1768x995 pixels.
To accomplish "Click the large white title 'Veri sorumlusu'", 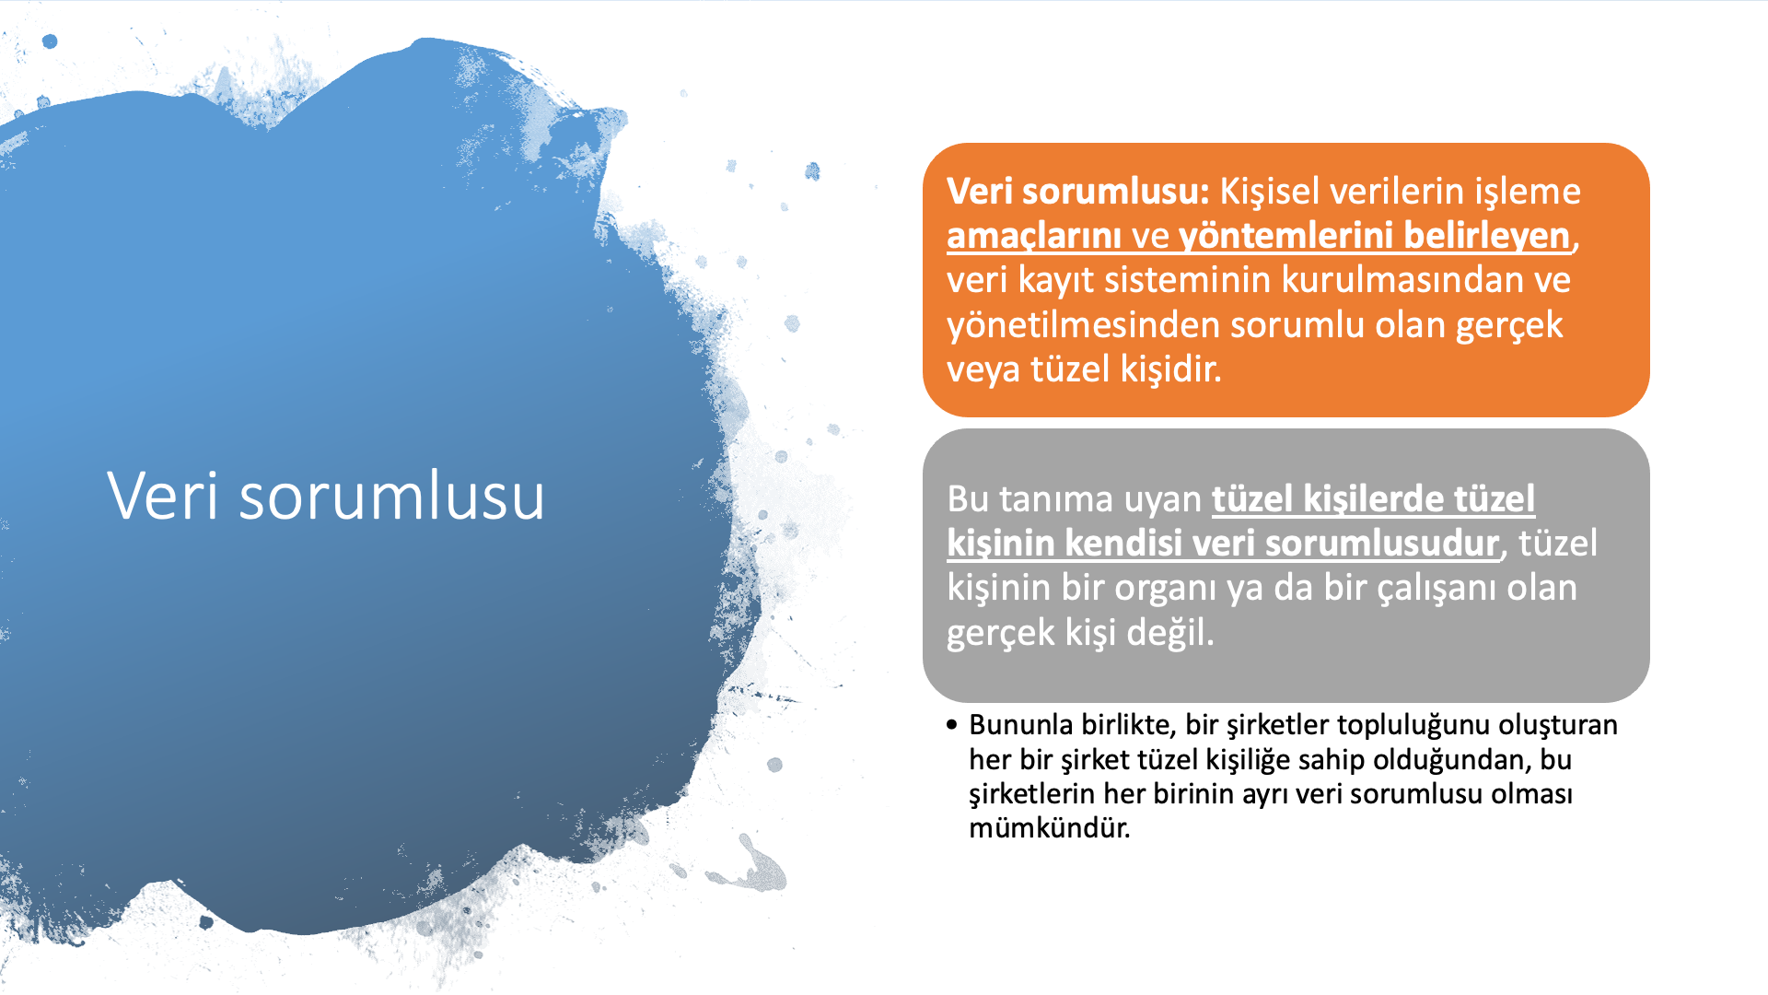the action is pos(326,496).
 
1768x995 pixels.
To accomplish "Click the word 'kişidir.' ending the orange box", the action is pos(1170,369).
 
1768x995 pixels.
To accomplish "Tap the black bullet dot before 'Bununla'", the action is pos(952,725).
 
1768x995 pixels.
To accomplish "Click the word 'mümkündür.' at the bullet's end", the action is pos(1049,827).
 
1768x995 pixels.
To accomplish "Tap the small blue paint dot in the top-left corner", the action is pos(50,41).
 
